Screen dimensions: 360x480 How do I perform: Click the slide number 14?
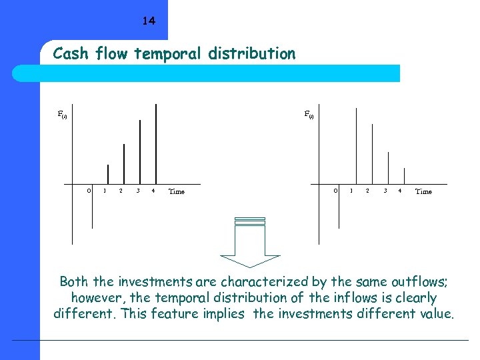click(149, 21)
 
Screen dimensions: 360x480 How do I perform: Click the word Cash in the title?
click(69, 53)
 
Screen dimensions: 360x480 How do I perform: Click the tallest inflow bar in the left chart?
click(156, 143)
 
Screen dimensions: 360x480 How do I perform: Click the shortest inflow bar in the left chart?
click(108, 174)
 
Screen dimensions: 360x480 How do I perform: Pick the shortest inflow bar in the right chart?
click(404, 175)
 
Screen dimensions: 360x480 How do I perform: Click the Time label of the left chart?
click(177, 192)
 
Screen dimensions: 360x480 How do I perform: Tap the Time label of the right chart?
click(423, 192)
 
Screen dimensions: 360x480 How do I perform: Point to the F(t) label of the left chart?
click(63, 115)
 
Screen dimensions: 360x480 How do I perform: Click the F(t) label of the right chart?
click(309, 114)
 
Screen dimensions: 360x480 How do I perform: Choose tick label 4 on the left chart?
click(153, 191)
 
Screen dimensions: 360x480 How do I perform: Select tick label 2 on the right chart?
click(367, 191)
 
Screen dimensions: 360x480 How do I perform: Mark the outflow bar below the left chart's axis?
click(93, 207)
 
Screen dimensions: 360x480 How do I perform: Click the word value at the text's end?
click(433, 314)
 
